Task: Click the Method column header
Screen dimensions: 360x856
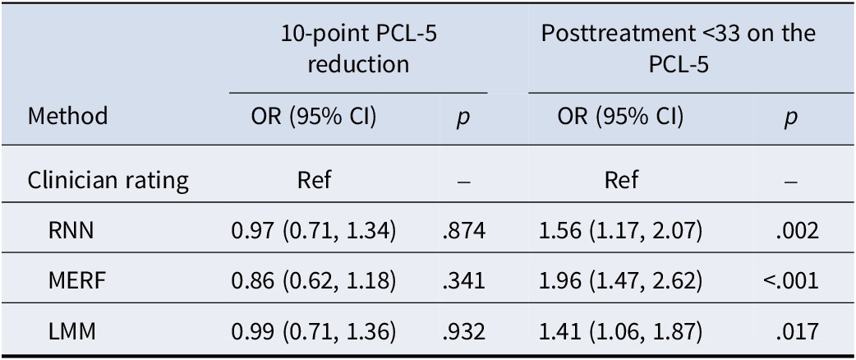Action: click(68, 116)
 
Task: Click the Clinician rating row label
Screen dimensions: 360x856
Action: click(108, 180)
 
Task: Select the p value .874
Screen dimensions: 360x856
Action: click(464, 232)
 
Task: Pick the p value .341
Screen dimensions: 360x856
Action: click(464, 282)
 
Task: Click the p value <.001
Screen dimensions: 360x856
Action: click(791, 282)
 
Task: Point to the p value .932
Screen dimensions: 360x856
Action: click(464, 332)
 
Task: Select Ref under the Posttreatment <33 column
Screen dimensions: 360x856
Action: click(620, 180)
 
